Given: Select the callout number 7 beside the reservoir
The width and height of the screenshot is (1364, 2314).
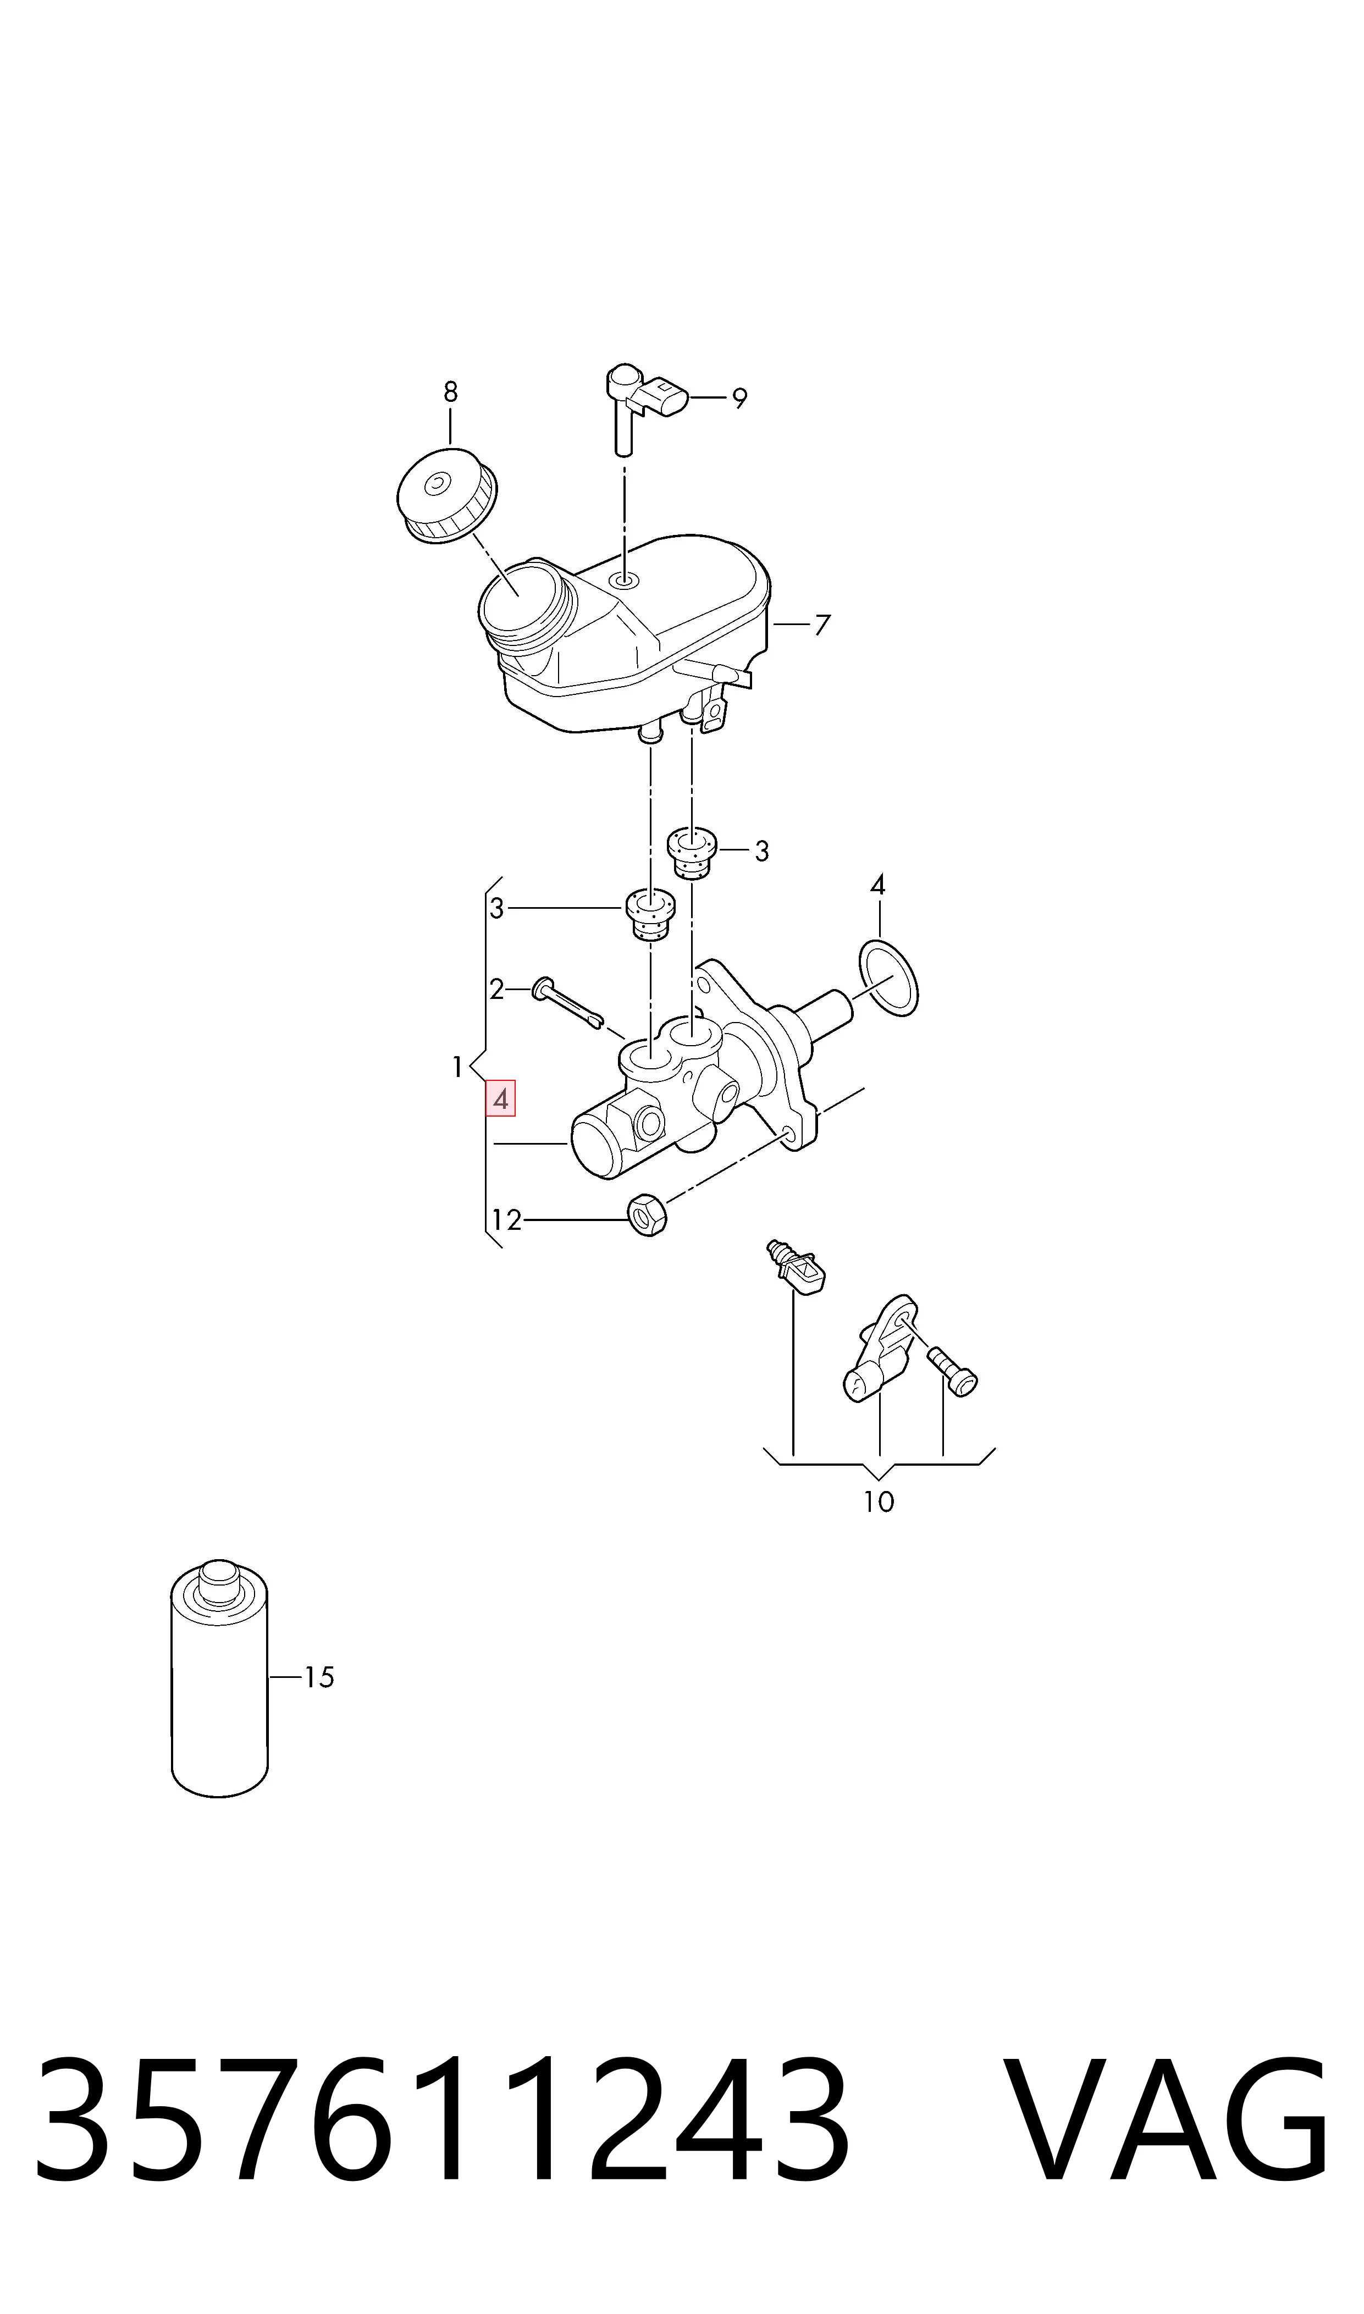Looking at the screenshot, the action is tap(822, 625).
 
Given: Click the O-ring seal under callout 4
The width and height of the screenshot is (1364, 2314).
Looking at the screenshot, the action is tap(888, 978).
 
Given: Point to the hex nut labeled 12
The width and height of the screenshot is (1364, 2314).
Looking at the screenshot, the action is tap(648, 1215).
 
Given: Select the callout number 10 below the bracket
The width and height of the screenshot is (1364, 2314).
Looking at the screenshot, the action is tap(879, 1501).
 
